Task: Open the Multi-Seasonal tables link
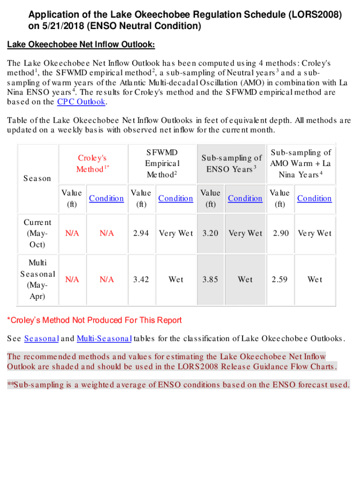tap(104, 338)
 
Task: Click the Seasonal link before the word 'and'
tap(41, 338)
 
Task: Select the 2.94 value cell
tap(141, 233)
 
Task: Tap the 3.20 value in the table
tap(210, 233)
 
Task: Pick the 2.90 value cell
tap(281, 233)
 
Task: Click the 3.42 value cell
tap(141, 280)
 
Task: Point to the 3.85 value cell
tap(210, 280)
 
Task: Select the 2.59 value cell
tap(280, 280)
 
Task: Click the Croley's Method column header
tap(93, 163)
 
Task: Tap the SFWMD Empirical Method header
tap(162, 163)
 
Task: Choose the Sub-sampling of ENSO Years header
tap(231, 163)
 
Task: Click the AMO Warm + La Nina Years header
tap(300, 163)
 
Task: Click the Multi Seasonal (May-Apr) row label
tap(37, 280)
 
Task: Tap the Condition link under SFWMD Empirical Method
tap(176, 198)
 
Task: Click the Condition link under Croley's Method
tap(107, 198)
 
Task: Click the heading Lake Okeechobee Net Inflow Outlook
tap(81, 45)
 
